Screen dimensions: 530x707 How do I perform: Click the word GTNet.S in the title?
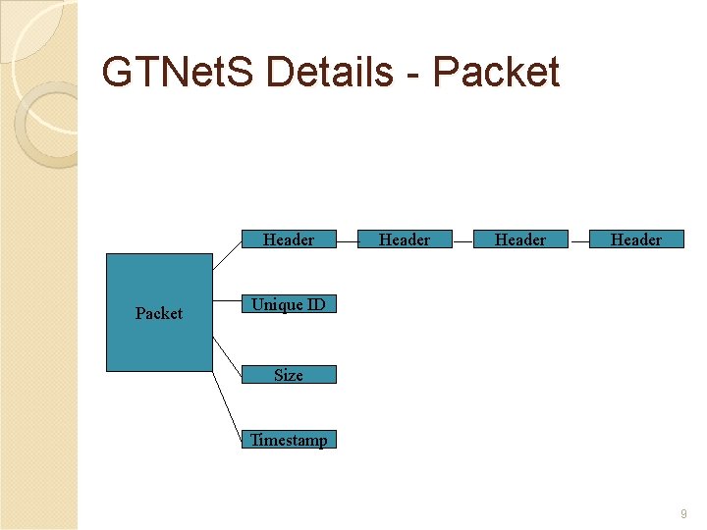pos(179,73)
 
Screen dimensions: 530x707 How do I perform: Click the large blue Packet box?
pos(159,313)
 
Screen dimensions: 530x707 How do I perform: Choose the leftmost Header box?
pos(289,239)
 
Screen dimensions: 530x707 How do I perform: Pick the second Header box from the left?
pos(405,239)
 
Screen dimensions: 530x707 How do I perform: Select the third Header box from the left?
pos(520,239)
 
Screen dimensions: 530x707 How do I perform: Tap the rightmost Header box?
pos(636,239)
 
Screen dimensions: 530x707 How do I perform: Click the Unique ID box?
pos(289,304)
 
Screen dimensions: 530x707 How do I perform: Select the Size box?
pos(289,374)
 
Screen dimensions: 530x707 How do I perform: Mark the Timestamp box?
pos(289,440)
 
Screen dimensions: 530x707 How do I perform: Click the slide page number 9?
pos(682,513)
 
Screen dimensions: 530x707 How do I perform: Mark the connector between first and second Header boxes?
pos(347,239)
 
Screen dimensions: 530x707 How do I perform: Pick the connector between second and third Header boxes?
pos(462,239)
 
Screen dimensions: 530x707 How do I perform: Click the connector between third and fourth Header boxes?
pos(578,239)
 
